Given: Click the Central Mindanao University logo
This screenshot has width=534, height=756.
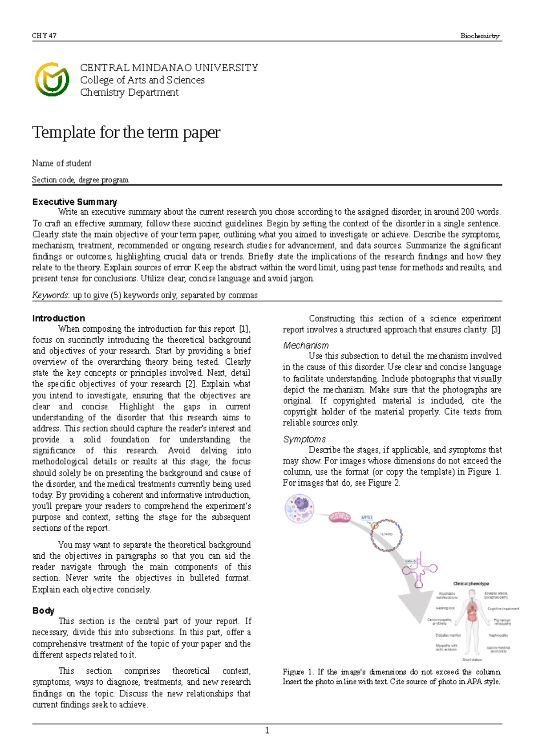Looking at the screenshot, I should coord(52,80).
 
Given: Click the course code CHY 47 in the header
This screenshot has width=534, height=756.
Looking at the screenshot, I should coord(44,36).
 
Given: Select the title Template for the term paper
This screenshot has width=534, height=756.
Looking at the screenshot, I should coord(126,132).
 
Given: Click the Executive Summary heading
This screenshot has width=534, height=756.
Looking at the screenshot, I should coord(74,202).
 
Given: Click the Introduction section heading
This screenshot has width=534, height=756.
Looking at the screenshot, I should coord(58,318).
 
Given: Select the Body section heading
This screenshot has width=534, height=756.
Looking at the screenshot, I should coord(43,610).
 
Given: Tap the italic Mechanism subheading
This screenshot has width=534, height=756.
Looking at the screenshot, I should coord(306,345).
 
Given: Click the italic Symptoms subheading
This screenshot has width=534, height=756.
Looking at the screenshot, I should coord(304,439).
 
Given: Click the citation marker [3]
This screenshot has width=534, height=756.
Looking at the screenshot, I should coord(495,329).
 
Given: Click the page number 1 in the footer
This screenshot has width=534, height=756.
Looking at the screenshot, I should coord(267,730).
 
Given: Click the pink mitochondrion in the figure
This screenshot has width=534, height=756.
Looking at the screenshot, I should coord(340,517).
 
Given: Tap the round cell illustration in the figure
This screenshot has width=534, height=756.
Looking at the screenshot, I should coord(299,508).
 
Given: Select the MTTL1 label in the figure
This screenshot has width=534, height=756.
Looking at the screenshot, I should coord(367,517).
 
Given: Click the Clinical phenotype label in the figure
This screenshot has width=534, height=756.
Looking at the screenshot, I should coord(471,583).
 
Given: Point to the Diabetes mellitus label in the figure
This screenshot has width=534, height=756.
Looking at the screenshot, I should coord(448,635).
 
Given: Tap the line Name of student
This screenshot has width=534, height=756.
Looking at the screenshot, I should coord(61,163).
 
